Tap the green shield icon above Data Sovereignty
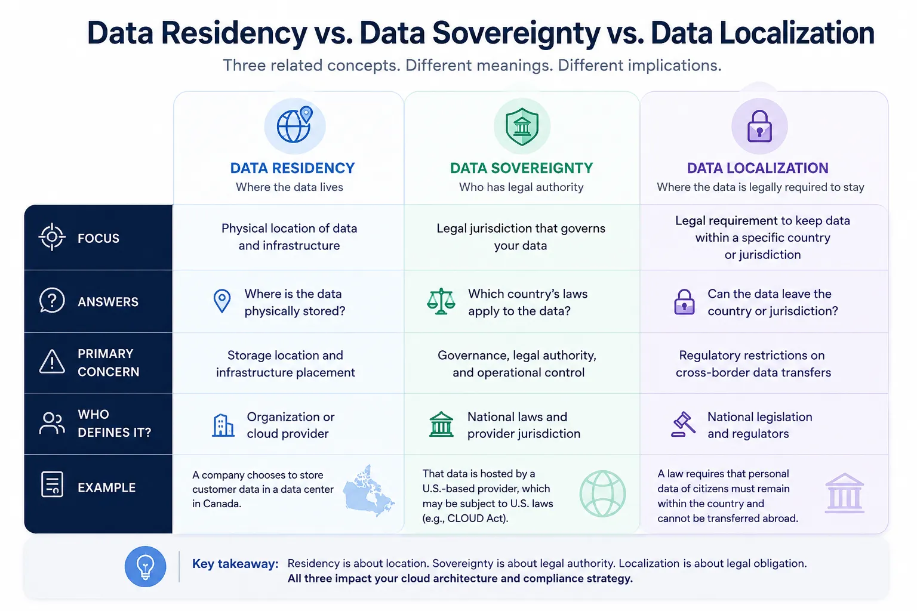[522, 126]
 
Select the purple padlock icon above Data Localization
[759, 126]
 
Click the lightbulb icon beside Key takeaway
[145, 566]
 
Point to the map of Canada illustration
[368, 490]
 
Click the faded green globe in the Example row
[602, 493]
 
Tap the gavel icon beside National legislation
[683, 424]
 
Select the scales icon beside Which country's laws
[441, 301]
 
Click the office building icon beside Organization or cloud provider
[223, 425]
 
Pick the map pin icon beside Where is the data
[222, 301]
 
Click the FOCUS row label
[99, 237]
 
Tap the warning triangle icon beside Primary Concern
[52, 362]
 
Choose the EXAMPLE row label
[106, 487]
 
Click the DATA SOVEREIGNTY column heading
[522, 168]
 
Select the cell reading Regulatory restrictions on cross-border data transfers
[753, 363]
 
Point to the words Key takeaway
[235, 563]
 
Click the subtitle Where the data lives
[289, 187]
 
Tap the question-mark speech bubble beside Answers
[52, 300]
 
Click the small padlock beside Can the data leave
[684, 301]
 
